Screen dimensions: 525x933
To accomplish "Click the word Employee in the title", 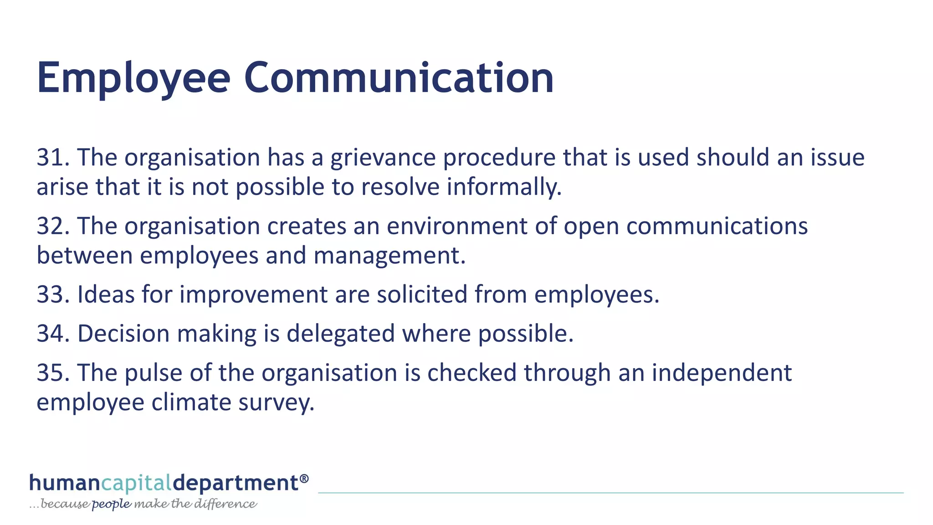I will point(133,78).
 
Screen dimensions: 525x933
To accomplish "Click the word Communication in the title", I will point(399,78).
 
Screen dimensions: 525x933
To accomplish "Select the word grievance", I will point(383,158).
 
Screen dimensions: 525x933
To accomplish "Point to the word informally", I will point(504,187).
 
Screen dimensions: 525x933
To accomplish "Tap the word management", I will point(390,256).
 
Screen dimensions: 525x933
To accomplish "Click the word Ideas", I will point(106,295).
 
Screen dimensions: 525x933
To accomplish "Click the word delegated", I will point(341,334).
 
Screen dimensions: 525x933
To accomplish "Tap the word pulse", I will point(154,373).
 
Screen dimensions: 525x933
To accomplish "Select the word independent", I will point(722,373).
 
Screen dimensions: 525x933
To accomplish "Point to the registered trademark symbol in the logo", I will point(304,478).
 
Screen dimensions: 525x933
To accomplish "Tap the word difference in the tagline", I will point(226,504).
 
